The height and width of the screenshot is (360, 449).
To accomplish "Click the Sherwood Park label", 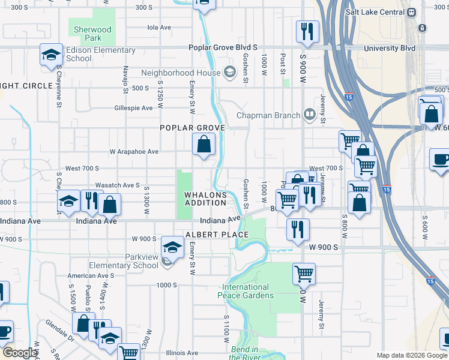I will [x=92, y=34].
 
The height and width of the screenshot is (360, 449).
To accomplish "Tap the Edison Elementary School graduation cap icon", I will [x=52, y=55].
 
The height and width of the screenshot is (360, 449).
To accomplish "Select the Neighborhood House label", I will [x=181, y=73].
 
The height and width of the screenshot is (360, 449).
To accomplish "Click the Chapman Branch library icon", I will [x=309, y=114].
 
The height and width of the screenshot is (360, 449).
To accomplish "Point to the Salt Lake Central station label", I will [x=375, y=12].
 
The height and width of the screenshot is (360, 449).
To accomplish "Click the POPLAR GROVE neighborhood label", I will [x=192, y=128].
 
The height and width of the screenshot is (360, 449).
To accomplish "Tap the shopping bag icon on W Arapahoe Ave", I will [x=203, y=144].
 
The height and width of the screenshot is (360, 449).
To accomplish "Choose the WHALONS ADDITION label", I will [x=206, y=199].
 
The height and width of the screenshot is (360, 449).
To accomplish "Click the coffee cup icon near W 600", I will [x=440, y=160].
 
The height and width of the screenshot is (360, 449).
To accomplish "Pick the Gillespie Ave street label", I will [x=134, y=108].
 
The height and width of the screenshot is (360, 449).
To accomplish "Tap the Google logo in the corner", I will [x=19, y=353].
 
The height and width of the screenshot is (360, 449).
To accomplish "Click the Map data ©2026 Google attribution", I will [x=411, y=355].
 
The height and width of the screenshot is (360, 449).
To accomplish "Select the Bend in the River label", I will [x=245, y=353].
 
